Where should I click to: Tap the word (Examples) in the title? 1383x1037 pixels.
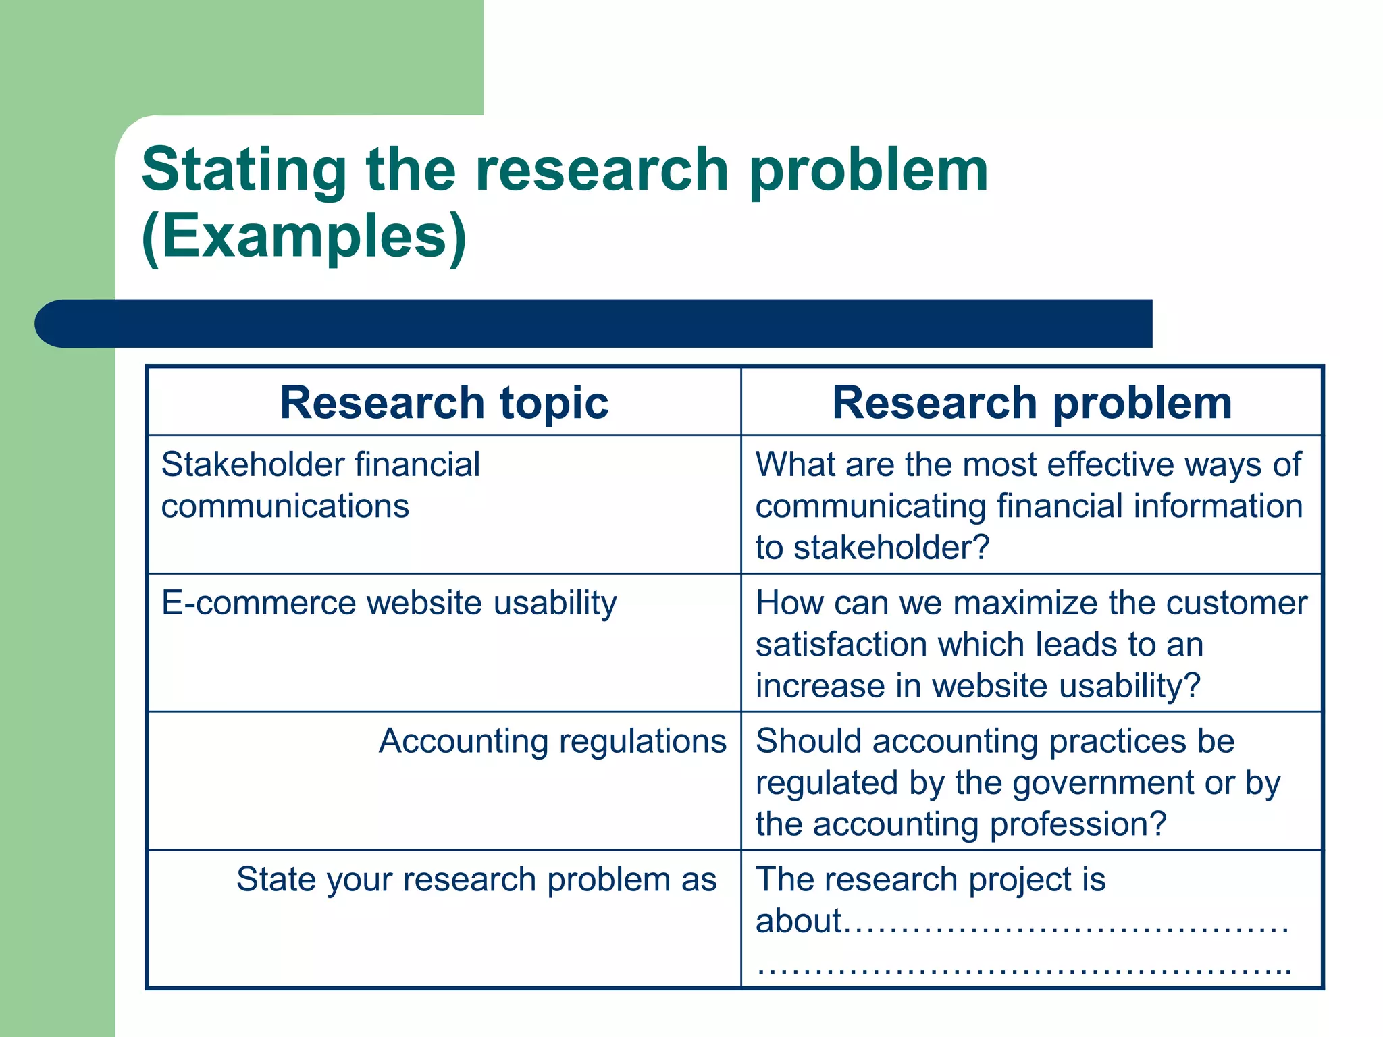(304, 236)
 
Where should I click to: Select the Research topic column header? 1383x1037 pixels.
(444, 402)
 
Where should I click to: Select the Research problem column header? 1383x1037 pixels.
(1032, 402)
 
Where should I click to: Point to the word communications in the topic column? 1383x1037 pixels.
(285, 506)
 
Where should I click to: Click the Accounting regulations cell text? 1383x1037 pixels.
(552, 741)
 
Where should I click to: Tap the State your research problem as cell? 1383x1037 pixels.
(476, 880)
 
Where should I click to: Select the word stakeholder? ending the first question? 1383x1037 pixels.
(891, 548)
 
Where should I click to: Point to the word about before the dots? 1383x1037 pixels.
(798, 922)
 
